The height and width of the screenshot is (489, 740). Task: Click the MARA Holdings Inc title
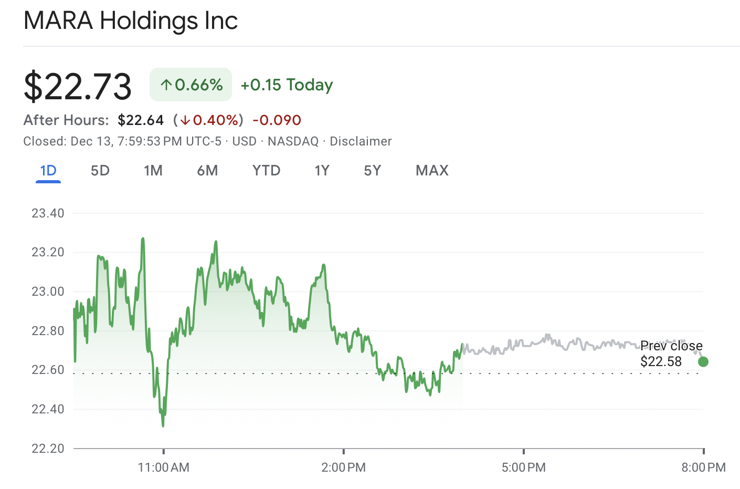click(131, 21)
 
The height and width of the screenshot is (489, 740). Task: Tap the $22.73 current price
click(78, 86)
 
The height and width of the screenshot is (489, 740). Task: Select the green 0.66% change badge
click(191, 85)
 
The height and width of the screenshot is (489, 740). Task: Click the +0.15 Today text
click(287, 85)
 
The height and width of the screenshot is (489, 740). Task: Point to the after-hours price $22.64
click(141, 120)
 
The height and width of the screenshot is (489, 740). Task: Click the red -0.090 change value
click(277, 120)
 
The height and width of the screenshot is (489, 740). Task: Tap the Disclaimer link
click(361, 141)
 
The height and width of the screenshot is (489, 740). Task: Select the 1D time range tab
click(48, 171)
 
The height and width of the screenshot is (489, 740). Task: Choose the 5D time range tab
click(100, 171)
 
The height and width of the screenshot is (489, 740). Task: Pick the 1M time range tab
click(153, 171)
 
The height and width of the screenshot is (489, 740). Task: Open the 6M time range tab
click(207, 171)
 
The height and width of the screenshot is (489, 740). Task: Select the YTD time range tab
click(266, 171)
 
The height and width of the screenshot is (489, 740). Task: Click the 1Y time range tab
click(322, 171)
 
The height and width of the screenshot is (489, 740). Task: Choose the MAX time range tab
click(432, 171)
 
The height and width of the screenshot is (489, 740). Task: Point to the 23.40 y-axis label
click(48, 213)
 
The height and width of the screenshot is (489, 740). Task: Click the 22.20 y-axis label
click(48, 449)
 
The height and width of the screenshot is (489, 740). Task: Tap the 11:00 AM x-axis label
click(163, 467)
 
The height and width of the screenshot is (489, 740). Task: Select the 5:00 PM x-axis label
click(523, 467)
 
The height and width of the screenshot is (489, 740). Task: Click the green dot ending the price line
click(703, 361)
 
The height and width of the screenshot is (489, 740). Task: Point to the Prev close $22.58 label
click(671, 353)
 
